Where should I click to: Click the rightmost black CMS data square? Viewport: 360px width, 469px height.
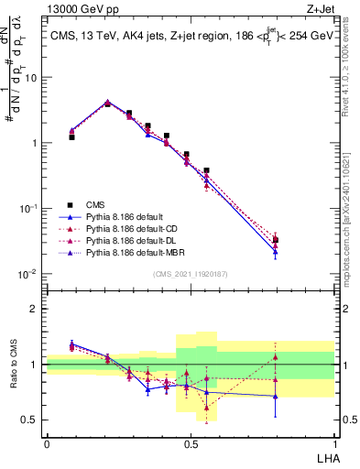click(276, 240)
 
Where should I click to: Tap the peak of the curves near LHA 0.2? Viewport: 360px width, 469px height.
click(107, 103)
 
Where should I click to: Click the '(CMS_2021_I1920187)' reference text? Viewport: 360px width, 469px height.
click(191, 275)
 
